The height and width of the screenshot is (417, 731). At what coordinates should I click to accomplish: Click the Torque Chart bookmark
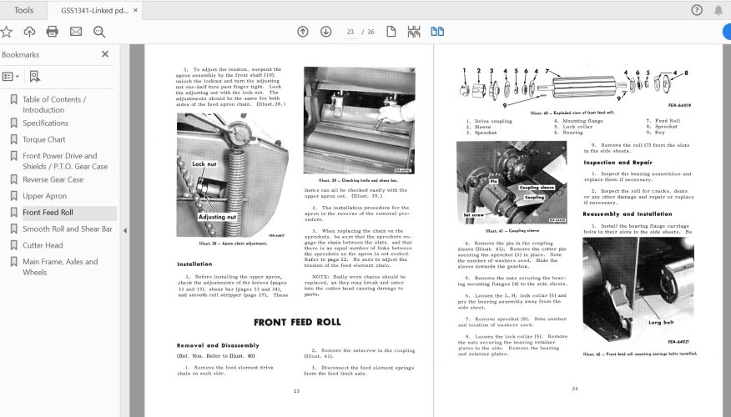[44, 139]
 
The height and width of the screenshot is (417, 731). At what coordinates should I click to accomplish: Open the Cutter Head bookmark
[42, 245]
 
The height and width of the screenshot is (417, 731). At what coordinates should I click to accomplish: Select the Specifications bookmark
[45, 123]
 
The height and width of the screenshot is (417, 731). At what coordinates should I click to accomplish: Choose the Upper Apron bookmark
[44, 196]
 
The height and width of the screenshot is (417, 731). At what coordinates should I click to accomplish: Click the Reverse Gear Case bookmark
[53, 179]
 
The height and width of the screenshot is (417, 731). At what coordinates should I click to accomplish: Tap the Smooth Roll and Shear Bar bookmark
[67, 229]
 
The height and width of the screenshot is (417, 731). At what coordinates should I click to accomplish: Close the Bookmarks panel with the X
[105, 54]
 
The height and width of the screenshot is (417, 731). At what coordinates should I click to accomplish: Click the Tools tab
[24, 10]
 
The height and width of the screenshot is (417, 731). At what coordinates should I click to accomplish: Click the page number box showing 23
[350, 32]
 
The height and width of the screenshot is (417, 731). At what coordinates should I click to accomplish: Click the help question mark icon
[697, 10]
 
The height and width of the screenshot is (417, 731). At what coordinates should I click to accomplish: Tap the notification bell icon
[718, 10]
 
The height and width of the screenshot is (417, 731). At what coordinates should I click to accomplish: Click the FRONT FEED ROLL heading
[297, 322]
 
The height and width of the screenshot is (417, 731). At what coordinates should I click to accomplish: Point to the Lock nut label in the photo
[204, 164]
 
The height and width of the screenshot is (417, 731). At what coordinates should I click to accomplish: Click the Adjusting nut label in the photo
[216, 216]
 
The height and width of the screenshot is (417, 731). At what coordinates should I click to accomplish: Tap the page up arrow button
[303, 32]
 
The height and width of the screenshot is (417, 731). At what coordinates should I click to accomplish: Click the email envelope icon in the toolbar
[76, 32]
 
